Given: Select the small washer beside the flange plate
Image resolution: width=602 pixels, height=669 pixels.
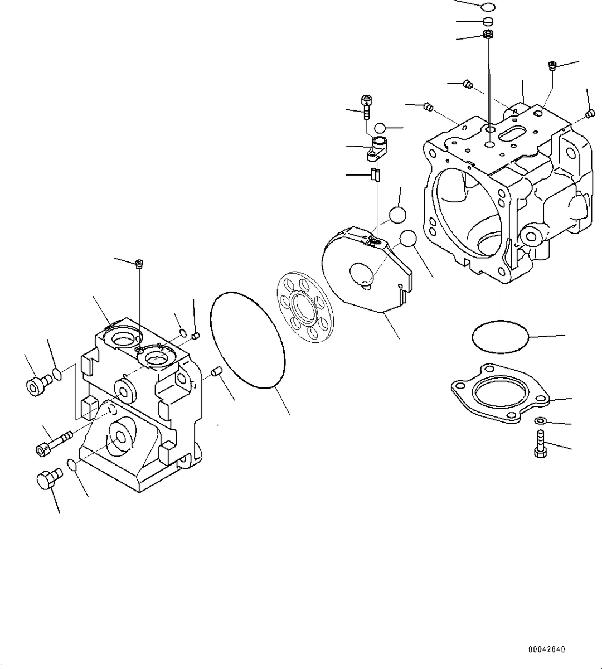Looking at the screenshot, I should [540, 420].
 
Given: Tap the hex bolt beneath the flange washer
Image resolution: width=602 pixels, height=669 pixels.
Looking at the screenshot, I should [540, 444].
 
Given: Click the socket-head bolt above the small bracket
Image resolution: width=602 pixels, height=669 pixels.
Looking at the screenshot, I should [367, 106].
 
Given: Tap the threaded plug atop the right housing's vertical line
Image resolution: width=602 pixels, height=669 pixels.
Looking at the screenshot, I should [489, 36].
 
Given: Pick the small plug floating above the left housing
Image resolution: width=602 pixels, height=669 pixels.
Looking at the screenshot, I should [139, 264].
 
